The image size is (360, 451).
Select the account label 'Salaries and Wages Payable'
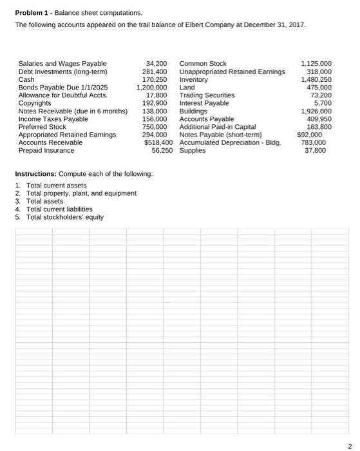coord(62,64)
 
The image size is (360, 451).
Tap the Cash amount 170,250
coord(155,79)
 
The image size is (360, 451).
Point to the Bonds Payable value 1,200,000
coord(152,87)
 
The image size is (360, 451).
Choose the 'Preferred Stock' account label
coord(43,127)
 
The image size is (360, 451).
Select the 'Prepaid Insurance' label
coord(46,150)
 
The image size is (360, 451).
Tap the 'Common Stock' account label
coord(203,64)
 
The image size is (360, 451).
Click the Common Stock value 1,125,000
coord(316,64)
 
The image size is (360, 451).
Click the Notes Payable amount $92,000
coord(312,135)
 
